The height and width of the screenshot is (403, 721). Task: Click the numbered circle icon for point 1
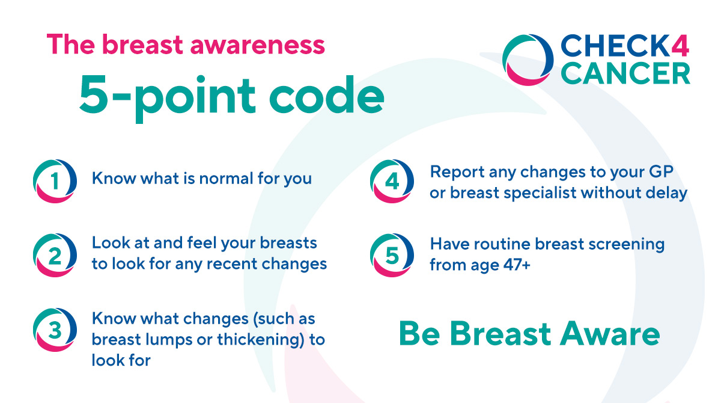[55, 180]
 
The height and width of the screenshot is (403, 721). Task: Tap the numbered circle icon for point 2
[55, 256]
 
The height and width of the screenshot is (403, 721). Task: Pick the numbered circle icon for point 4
[392, 180]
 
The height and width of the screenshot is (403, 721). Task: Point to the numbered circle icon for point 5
[392, 256]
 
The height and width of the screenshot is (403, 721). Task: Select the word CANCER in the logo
[625, 73]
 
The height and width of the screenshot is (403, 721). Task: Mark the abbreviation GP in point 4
[659, 172]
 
